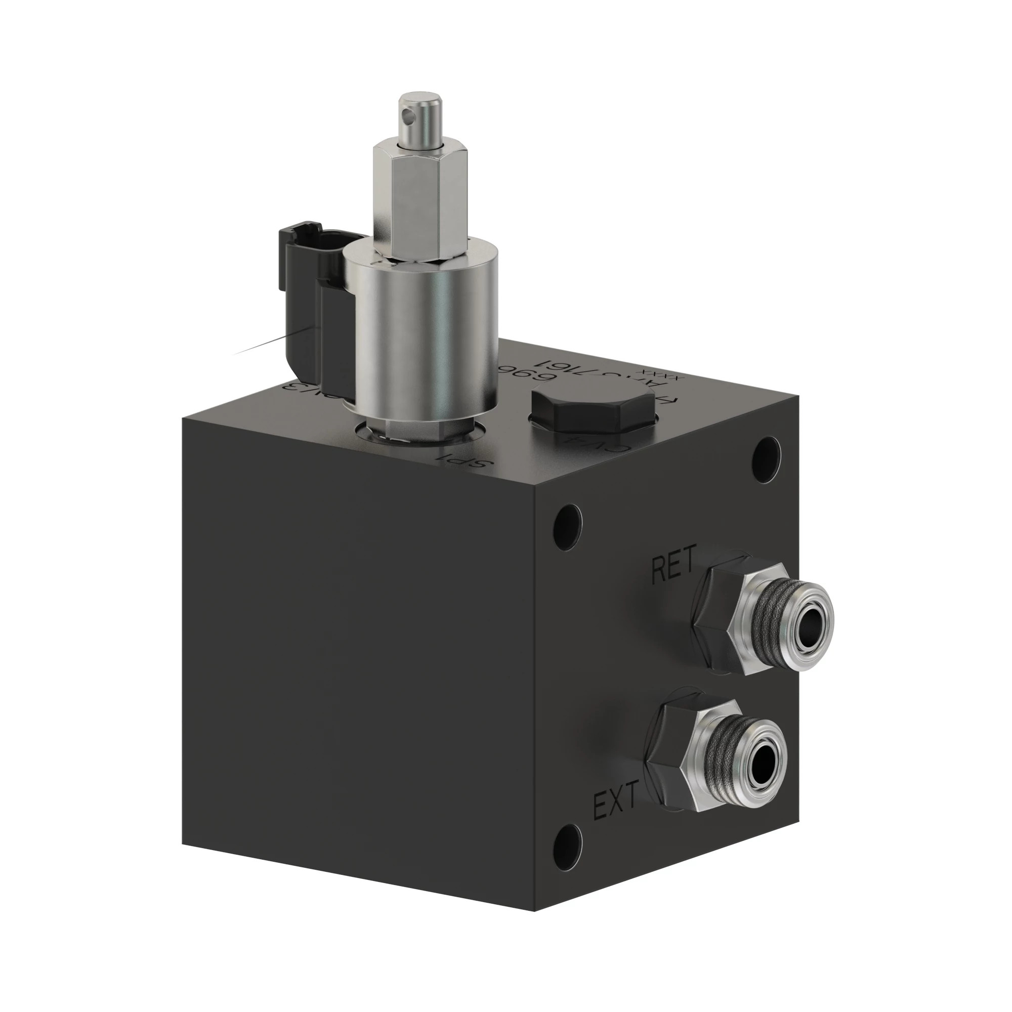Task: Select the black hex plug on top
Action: pyautogui.click(x=595, y=412)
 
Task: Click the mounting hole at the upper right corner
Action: pyautogui.click(x=766, y=460)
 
